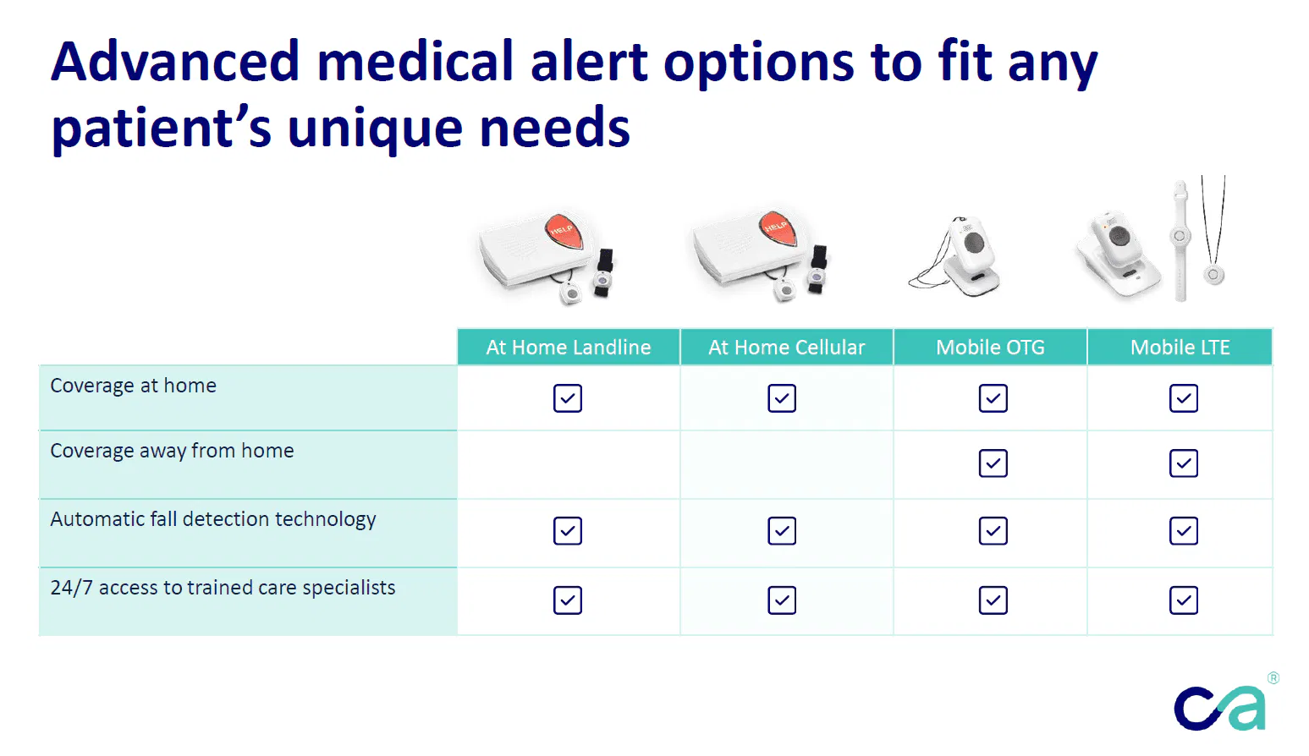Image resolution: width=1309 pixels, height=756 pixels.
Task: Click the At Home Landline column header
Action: point(568,347)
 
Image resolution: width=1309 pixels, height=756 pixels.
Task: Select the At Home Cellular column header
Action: point(787,347)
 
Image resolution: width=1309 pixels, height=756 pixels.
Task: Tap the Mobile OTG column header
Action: point(990,347)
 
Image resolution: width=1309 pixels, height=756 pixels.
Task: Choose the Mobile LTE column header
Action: point(1180,347)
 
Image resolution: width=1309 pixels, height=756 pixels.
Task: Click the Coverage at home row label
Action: point(133,386)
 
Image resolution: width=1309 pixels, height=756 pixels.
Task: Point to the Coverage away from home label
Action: point(172,451)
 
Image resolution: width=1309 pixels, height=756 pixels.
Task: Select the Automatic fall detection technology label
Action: point(213,519)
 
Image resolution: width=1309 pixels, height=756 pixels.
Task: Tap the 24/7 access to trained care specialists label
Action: point(223,587)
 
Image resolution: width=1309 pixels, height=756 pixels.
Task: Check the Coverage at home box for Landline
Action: point(568,398)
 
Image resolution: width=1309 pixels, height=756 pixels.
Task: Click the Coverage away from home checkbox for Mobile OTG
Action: point(993,463)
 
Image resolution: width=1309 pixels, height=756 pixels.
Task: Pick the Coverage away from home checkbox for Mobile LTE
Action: point(1184,463)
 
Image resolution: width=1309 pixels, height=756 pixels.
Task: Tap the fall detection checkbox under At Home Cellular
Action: point(781,531)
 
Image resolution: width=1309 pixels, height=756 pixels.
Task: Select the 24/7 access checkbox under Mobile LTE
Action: point(1184,600)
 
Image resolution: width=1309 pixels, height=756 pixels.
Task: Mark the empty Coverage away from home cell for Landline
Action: point(569,464)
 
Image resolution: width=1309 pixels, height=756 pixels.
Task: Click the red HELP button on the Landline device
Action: point(564,230)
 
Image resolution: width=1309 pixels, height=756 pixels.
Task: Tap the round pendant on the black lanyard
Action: point(1213,274)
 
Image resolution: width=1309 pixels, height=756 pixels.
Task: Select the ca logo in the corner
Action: point(1219,708)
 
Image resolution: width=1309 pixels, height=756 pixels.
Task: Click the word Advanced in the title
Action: point(175,62)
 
